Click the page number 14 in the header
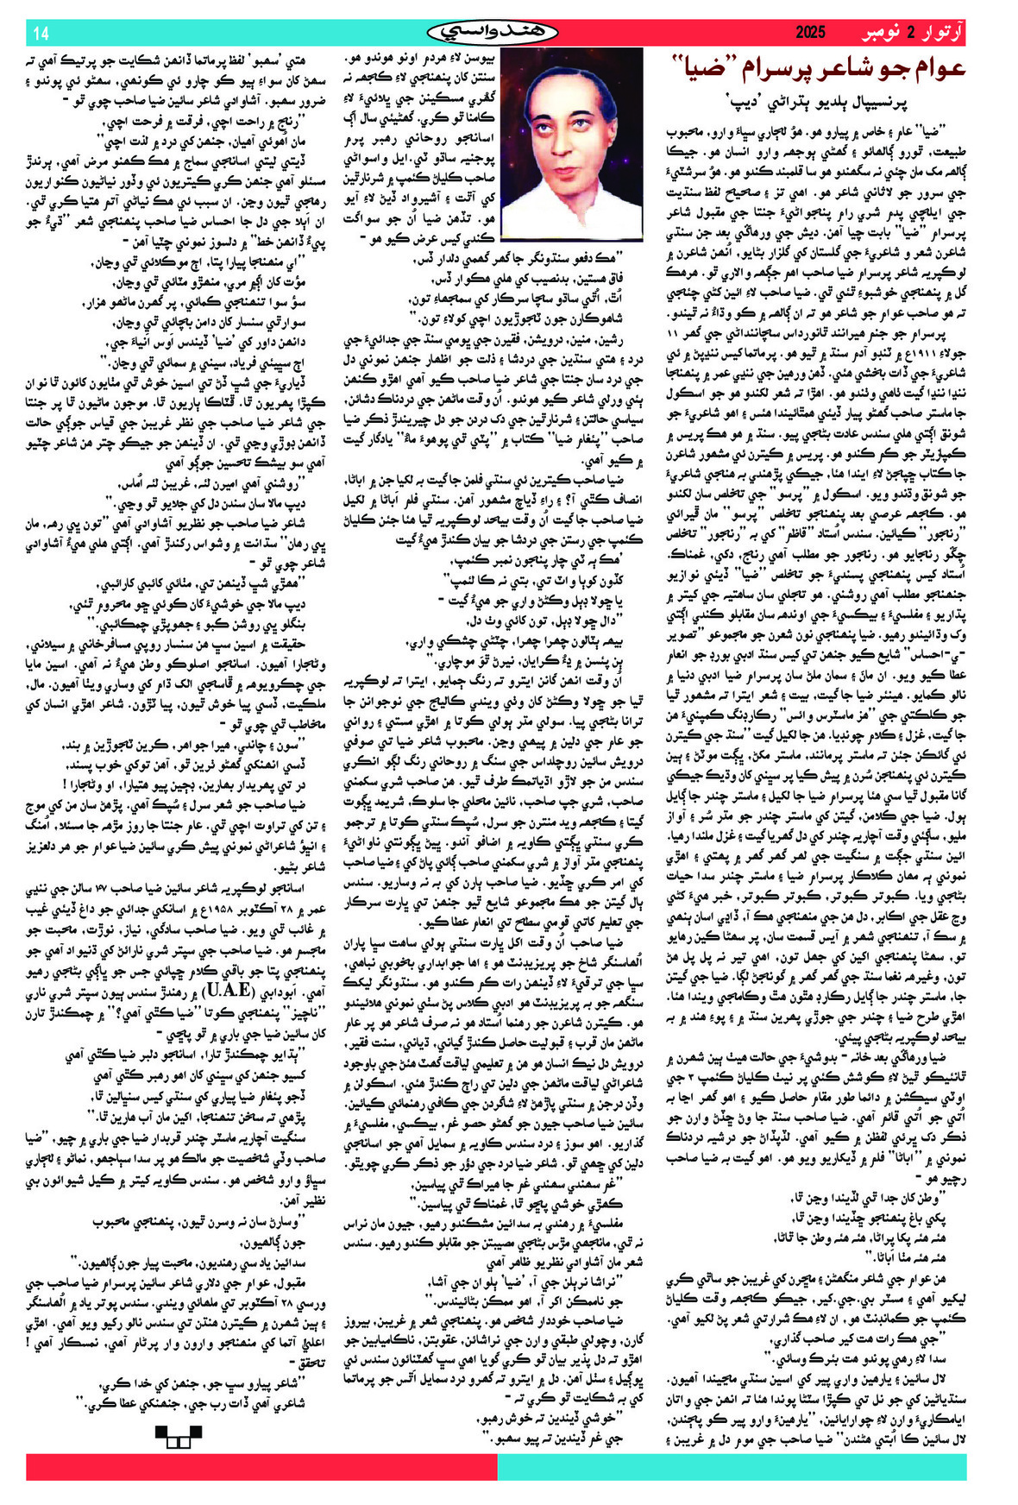tap(41, 34)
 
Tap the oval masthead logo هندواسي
tap(493, 33)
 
